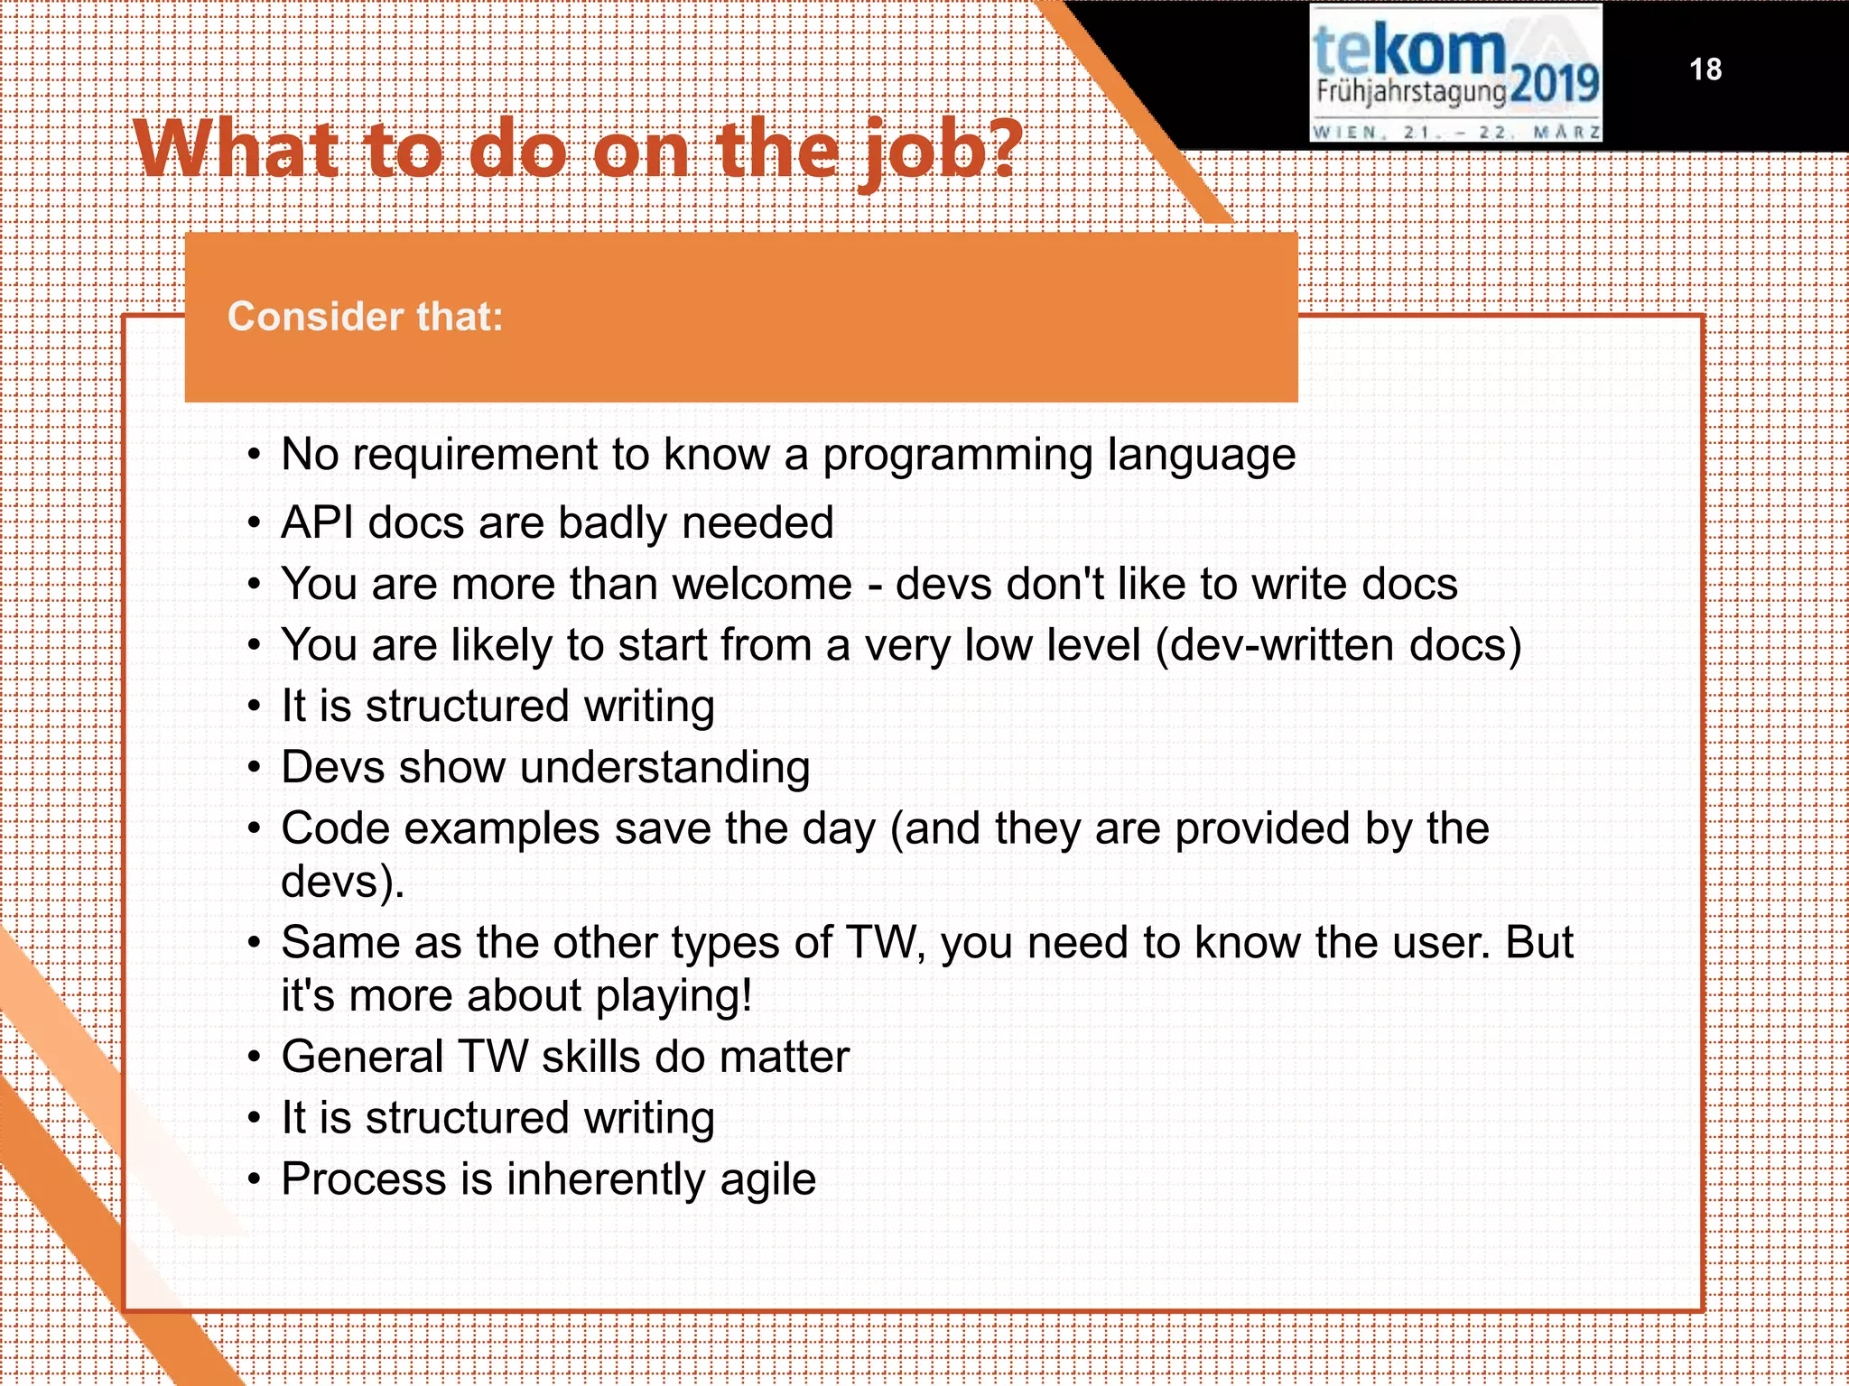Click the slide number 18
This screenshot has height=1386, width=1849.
[x=1705, y=69]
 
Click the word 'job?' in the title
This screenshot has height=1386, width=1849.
[x=939, y=151]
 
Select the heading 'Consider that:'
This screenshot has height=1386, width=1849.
[x=365, y=317]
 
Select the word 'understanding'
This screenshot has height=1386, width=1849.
[x=664, y=769]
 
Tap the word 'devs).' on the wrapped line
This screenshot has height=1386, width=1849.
[x=342, y=882]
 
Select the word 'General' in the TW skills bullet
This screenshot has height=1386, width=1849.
[x=361, y=1057]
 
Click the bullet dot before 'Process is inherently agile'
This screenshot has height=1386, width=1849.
[x=256, y=1180]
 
